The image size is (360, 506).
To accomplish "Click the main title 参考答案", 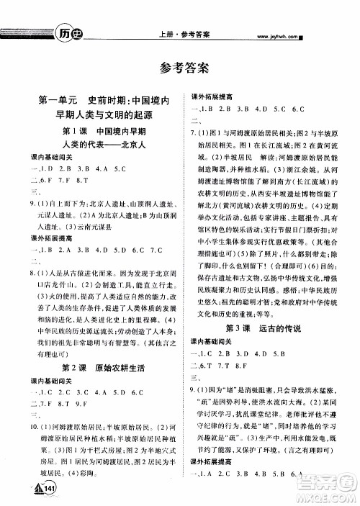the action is [179, 68].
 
